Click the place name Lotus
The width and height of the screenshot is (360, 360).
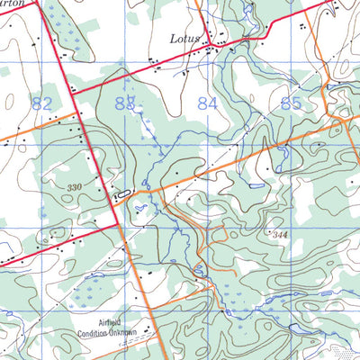185,39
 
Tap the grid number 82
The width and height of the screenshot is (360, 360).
41,104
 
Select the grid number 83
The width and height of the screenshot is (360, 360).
126,104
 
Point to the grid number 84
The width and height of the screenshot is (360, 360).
208,104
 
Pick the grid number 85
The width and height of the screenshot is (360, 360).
291,104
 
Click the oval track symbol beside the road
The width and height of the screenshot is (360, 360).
122,193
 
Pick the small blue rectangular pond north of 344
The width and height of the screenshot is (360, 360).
256,185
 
